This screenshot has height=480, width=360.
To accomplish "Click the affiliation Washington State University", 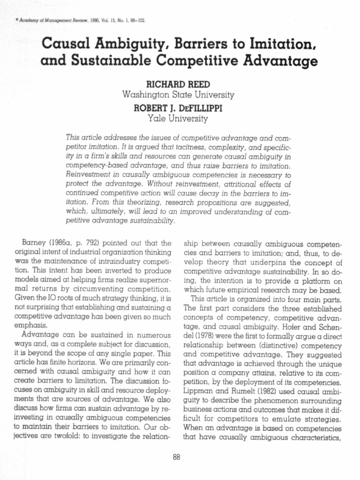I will (x=178, y=95).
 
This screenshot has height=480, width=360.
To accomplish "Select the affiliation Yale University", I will (x=178, y=119).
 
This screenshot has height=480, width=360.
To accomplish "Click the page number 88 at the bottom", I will (x=177, y=458).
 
